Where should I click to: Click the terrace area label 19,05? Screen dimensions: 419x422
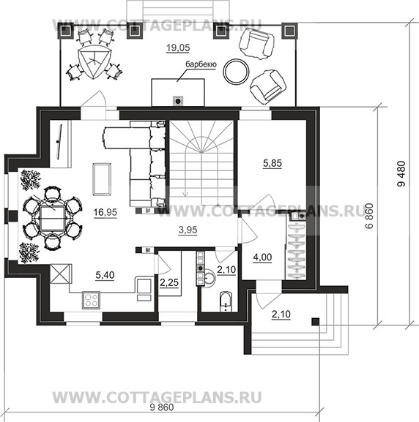(x=178, y=48)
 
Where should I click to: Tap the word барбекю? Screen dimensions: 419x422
(x=201, y=64)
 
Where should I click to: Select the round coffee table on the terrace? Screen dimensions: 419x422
(x=236, y=71)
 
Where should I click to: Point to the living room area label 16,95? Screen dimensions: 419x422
(x=105, y=212)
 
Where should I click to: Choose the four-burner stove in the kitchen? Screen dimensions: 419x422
(x=91, y=300)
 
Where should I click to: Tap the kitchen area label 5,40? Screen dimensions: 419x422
(x=105, y=275)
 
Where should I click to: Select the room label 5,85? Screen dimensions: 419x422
(x=272, y=163)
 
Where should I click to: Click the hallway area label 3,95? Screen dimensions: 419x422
(x=188, y=230)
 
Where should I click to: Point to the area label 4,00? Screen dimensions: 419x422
(x=262, y=257)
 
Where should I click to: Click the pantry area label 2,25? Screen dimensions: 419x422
(x=169, y=282)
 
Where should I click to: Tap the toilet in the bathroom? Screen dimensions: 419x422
(x=226, y=301)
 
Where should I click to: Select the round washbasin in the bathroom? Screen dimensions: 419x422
(x=209, y=277)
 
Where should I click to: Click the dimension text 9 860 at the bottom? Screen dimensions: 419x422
(x=162, y=407)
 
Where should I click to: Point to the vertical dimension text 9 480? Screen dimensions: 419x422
(x=401, y=173)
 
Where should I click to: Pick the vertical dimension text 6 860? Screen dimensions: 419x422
(x=369, y=216)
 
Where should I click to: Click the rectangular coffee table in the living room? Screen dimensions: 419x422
(x=102, y=178)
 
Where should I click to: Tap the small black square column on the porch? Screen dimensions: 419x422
(x=316, y=322)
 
